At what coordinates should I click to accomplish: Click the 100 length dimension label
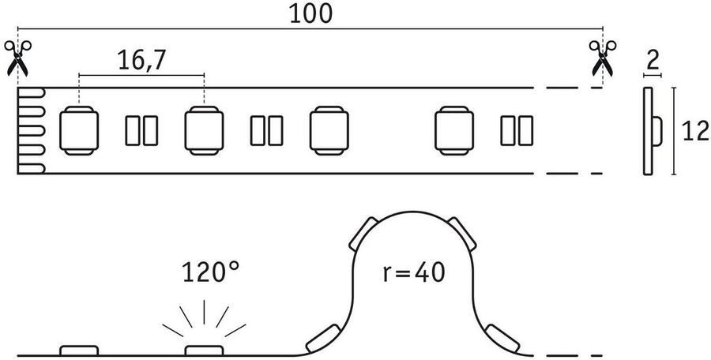pyautogui.click(x=310, y=14)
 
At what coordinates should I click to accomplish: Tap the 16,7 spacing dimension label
pyautogui.click(x=141, y=62)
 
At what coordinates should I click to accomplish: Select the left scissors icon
pyautogui.click(x=17, y=58)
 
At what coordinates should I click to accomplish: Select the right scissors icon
pyautogui.click(x=603, y=58)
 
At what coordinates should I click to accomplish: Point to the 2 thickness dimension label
pyautogui.click(x=652, y=60)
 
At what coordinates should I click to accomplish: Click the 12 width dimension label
pyautogui.click(x=695, y=132)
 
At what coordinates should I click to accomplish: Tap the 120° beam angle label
pyautogui.click(x=210, y=273)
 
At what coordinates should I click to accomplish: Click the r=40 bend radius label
pyautogui.click(x=413, y=273)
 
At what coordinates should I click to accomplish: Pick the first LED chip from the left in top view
pyautogui.click(x=79, y=130)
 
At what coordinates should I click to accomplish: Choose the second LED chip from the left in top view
pyautogui.click(x=204, y=130)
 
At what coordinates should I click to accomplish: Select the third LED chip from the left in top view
pyautogui.click(x=329, y=130)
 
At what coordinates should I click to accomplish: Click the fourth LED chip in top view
pyautogui.click(x=454, y=130)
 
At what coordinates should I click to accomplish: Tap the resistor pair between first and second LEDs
pyautogui.click(x=141, y=130)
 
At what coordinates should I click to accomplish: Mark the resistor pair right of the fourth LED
pyautogui.click(x=517, y=130)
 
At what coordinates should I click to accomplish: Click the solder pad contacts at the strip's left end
pyautogui.click(x=32, y=130)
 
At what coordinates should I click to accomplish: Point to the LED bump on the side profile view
pyautogui.click(x=657, y=131)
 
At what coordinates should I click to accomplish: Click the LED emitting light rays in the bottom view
pyautogui.click(x=204, y=351)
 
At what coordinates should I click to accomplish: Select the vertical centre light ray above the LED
pyautogui.click(x=204, y=312)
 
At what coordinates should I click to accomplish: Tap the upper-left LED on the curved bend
pyautogui.click(x=364, y=233)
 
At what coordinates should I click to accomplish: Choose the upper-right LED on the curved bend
pyautogui.click(x=461, y=233)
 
